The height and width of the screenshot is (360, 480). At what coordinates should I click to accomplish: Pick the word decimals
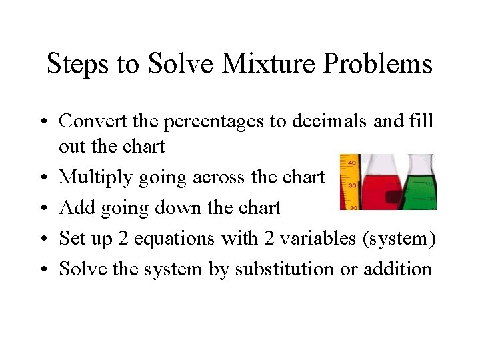[331, 121]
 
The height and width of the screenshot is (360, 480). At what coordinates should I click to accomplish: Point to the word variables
[313, 238]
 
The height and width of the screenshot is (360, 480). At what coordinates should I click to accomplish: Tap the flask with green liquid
[423, 190]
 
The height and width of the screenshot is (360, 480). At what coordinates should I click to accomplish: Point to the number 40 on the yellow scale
[351, 162]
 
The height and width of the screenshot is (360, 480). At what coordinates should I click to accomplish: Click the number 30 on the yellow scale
[351, 185]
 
